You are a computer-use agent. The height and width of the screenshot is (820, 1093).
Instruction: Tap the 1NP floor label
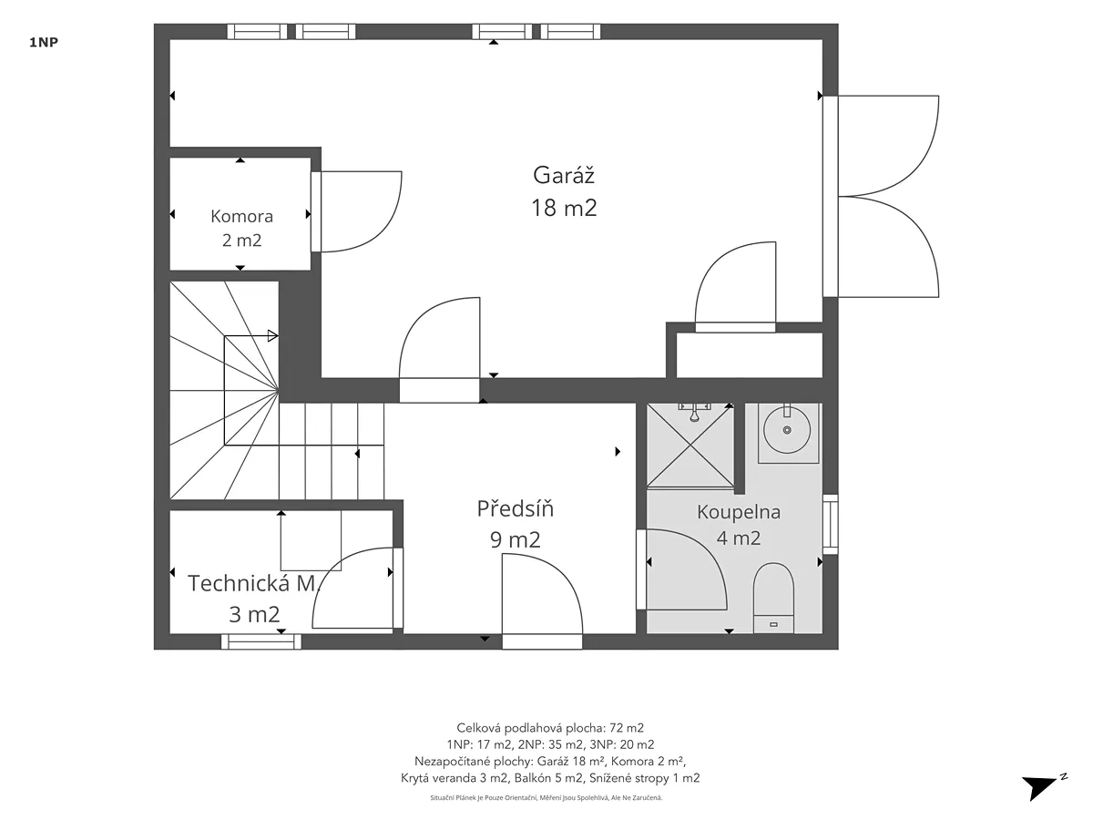coord(44,42)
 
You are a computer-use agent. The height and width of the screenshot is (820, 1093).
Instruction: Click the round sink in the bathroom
coord(787,429)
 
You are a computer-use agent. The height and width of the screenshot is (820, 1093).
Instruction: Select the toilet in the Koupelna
coord(773,598)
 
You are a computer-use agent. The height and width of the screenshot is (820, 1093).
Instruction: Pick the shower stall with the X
coord(690,445)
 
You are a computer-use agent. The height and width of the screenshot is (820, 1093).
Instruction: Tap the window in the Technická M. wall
coord(261,641)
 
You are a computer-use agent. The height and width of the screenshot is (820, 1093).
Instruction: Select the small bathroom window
coord(830,524)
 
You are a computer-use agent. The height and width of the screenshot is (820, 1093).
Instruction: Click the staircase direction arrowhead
coord(273,335)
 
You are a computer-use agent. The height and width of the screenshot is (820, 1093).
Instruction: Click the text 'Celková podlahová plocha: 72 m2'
coord(550,728)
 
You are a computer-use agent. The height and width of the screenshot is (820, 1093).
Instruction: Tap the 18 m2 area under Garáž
coord(564,208)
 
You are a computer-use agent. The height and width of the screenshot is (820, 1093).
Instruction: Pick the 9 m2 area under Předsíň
coord(515,539)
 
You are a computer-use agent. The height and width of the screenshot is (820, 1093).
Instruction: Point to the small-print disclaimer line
coord(546,797)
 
